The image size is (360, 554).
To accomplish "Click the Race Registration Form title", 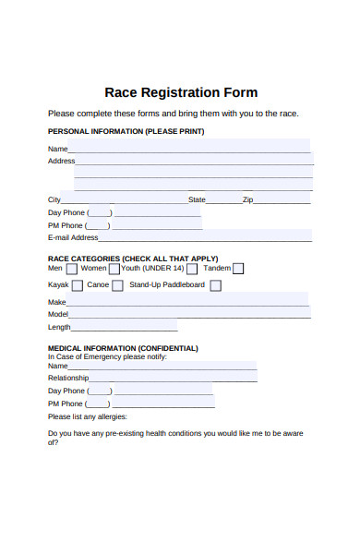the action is point(181,92).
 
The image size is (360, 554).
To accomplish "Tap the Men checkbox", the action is point(72,270).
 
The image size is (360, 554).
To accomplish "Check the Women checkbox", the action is point(114,270).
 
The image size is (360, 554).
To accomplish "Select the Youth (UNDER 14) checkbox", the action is point(192,270).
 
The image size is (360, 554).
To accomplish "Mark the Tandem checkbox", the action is point(238,270).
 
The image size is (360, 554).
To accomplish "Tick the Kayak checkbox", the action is point(78,286).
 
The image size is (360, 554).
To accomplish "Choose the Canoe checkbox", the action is point(117,286).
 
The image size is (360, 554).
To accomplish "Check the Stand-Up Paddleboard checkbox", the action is point(216,286).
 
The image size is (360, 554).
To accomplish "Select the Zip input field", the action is point(282,200).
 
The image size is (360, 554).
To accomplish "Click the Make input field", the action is point(188,302).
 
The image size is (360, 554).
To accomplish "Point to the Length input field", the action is point(124,327).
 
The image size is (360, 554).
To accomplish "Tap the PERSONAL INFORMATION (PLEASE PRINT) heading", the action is point(126,132).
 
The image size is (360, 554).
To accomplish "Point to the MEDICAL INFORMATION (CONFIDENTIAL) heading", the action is point(123,348).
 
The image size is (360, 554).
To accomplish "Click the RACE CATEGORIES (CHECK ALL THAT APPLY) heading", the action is point(133,259).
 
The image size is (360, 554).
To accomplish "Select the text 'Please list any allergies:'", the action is point(88,416).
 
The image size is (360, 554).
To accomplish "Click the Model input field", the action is point(190,314).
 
